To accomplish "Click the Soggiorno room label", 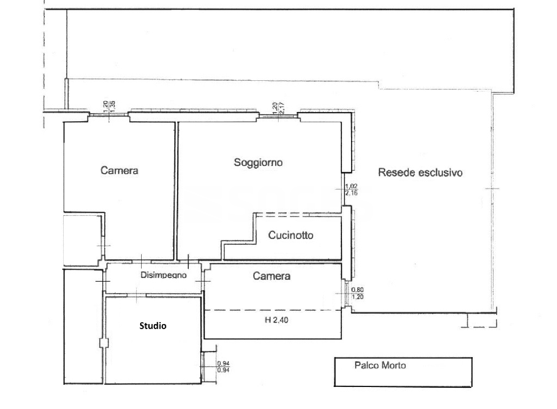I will [258, 163].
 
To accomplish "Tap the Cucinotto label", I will [291, 235].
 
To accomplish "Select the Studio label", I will [153, 326].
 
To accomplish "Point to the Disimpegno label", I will [164, 275].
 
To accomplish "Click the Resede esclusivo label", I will [420, 172].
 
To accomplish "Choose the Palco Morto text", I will [380, 365].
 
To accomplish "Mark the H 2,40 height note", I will [276, 320].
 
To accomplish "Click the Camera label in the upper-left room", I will [119, 170].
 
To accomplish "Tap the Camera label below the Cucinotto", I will [271, 276].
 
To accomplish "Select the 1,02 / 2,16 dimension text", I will [351, 190].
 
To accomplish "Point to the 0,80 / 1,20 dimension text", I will [357, 293].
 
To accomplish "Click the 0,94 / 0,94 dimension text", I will [223, 367].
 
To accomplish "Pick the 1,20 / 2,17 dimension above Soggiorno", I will [277, 108].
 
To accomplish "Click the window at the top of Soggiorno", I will [277, 116].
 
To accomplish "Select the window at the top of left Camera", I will [108, 115].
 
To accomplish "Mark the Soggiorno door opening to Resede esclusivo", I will [344, 189].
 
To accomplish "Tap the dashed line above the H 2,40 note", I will [272, 310].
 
